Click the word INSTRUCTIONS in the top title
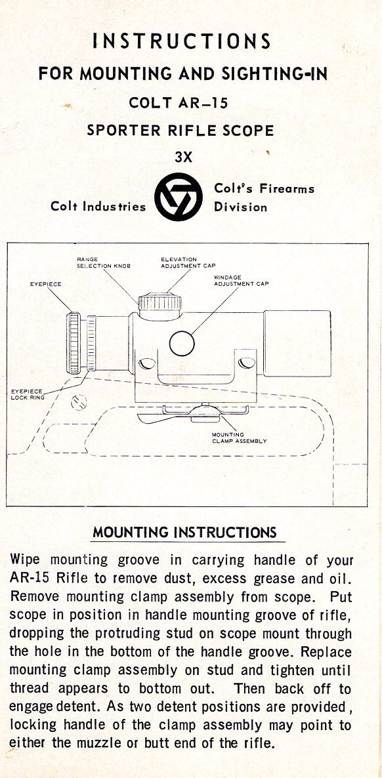(182, 41)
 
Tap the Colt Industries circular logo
(179, 197)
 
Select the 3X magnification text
(183, 157)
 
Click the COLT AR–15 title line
(179, 103)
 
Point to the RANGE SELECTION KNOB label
(103, 262)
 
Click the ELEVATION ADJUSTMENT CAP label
(188, 262)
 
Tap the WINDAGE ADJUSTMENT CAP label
(242, 280)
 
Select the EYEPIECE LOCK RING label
(28, 394)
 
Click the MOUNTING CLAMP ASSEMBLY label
(240, 438)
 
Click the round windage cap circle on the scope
(182, 343)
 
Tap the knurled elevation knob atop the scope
(159, 302)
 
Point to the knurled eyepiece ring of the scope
(75, 343)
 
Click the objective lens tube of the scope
(297, 343)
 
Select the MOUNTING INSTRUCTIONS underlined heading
(184, 533)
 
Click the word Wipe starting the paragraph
(25, 561)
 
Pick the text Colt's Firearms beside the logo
(265, 188)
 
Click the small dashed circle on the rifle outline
(79, 402)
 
